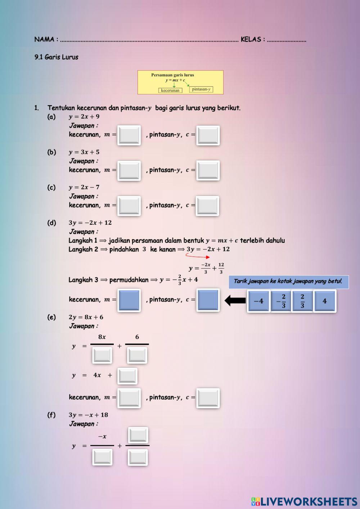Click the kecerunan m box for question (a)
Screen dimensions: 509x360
coord(129,135)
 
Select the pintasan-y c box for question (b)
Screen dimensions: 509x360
coord(208,170)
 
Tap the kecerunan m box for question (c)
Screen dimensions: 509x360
coord(129,206)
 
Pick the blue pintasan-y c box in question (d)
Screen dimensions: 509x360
coord(208,300)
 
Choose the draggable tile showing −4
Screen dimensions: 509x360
coord(258,301)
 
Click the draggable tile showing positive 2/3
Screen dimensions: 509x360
coord(302,301)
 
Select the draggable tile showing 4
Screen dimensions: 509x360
coord(324,301)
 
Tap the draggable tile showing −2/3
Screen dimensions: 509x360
coord(281,301)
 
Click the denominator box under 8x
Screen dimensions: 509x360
coord(102,355)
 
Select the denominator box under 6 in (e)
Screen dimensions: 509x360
coord(137,355)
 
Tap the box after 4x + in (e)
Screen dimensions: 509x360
coord(127,376)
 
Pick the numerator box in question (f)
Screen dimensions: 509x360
coord(138,435)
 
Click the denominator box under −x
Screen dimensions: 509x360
coord(102,457)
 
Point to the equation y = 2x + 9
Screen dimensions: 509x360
coord(84,117)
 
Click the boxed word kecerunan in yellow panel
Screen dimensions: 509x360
coord(170,90)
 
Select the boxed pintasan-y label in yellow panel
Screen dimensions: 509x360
coord(201,89)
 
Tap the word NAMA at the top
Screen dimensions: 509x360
coord(44,39)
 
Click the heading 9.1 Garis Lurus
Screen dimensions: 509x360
coord(57,57)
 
